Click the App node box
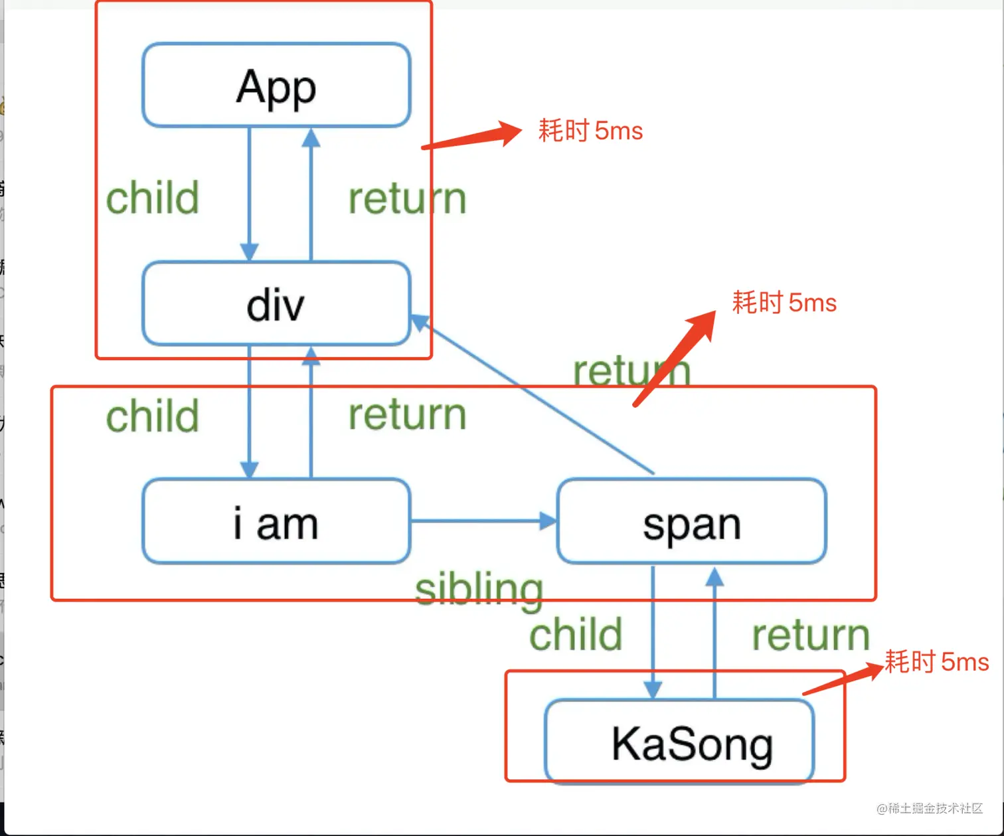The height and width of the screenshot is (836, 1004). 276,85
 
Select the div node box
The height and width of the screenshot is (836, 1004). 276,304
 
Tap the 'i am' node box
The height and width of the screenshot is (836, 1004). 276,522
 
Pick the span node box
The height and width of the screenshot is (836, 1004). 691,522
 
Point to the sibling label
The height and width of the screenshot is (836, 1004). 479,590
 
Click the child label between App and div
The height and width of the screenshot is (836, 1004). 153,198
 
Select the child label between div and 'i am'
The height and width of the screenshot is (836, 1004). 153,416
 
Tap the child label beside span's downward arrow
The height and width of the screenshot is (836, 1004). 576,634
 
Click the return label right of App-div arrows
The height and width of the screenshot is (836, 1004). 407,199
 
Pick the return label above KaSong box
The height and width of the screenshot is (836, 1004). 810,635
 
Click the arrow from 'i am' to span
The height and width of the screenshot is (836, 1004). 483,521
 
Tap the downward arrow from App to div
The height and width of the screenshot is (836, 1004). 249,193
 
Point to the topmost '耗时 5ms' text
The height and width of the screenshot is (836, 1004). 590,131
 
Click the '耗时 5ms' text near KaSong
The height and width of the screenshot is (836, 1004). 936,662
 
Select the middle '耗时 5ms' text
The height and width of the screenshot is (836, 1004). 784,303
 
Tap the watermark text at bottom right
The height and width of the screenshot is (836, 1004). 929,808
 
